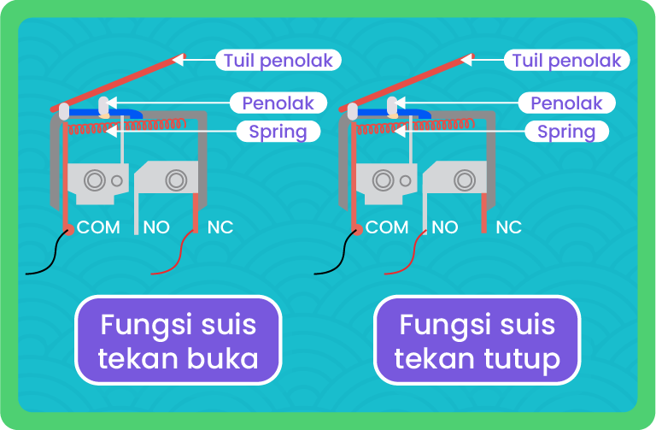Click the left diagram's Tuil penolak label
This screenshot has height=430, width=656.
[278, 61]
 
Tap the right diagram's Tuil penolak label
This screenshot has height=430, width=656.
[566, 61]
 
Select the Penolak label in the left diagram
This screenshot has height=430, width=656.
[278, 103]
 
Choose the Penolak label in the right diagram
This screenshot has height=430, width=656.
[566, 103]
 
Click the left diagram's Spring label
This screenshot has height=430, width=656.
[278, 132]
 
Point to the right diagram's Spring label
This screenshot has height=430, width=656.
[566, 132]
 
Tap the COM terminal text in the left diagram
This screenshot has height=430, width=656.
[100, 227]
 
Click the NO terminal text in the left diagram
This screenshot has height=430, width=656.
[156, 227]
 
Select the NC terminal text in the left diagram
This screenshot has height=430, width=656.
[220, 227]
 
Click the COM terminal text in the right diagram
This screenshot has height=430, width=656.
[388, 227]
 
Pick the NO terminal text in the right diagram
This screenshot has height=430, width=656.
[445, 227]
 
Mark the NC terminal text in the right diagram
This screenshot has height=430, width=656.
[508, 227]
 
